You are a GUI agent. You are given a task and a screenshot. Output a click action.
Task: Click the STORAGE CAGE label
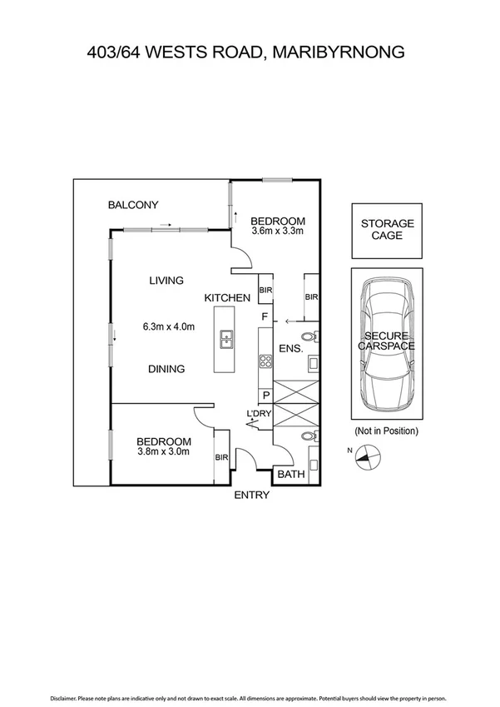pyautogui.click(x=387, y=229)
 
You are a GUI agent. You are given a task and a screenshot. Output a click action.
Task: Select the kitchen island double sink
pyautogui.click(x=225, y=339)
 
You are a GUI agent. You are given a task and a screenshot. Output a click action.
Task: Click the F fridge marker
pyautogui.click(x=265, y=317)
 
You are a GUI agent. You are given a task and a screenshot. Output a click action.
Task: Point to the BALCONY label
pyautogui.click(x=133, y=205)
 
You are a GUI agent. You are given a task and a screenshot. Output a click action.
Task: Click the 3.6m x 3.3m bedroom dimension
pyautogui.click(x=278, y=232)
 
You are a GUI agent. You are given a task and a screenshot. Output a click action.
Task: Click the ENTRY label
pyautogui.click(x=251, y=495)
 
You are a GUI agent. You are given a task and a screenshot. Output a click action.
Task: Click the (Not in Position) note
pyautogui.click(x=387, y=431)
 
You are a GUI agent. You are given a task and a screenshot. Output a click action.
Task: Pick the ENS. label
pyautogui.click(x=290, y=348)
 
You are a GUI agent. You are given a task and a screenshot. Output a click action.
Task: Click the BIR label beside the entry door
pyautogui.click(x=220, y=457)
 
